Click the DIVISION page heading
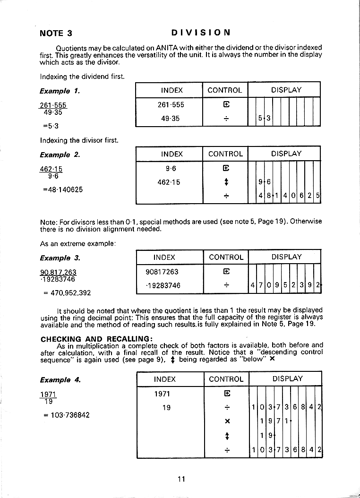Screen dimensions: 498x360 click(x=201, y=33)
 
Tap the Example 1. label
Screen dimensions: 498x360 click(x=60, y=91)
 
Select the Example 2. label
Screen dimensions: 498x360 click(x=60, y=155)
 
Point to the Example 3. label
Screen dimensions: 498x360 click(x=60, y=258)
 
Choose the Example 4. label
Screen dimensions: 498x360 click(x=60, y=380)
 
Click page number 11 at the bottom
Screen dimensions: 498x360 click(x=181, y=479)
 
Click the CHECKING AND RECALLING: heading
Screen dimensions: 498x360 click(x=96, y=339)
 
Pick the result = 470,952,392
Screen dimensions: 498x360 click(x=67, y=293)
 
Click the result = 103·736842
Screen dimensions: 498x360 click(x=66, y=415)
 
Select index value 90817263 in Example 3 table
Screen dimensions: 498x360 click(x=163, y=272)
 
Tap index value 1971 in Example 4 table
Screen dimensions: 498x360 click(x=162, y=394)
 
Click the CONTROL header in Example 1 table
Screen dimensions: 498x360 click(x=225, y=90)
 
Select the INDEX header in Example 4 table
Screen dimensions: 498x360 click(x=164, y=379)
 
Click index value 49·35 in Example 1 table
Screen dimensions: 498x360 click(x=170, y=119)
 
